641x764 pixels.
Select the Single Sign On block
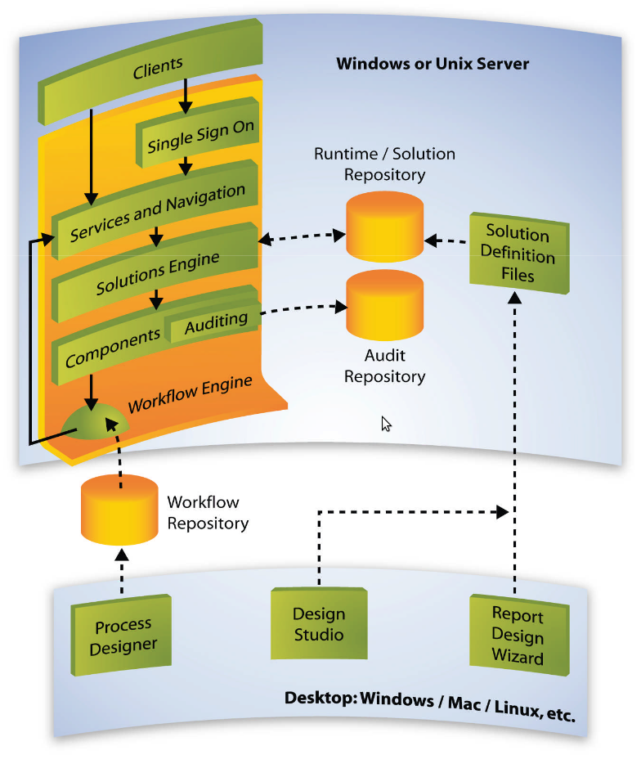(x=200, y=136)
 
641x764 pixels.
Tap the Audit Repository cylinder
(x=385, y=306)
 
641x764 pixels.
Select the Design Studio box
(x=319, y=623)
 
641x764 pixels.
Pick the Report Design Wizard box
(x=518, y=636)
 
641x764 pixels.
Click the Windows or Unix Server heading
(x=433, y=63)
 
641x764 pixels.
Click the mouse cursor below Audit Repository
(x=386, y=424)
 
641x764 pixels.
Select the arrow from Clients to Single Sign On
(x=186, y=97)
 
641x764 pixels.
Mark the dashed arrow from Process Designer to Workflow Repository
(x=121, y=572)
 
